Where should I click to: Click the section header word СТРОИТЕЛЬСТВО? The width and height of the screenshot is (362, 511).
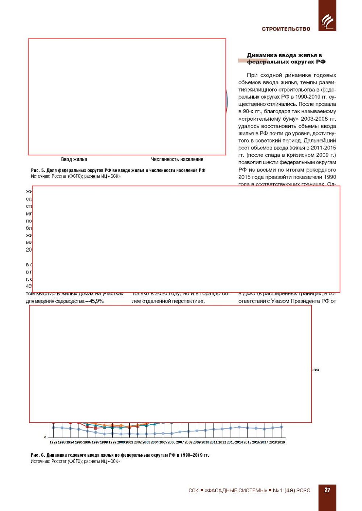tap(286, 29)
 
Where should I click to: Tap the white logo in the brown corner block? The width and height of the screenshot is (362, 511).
tap(327, 21)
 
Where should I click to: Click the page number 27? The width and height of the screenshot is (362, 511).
tap(327, 490)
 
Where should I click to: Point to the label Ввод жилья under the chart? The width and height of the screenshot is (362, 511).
tap(74, 159)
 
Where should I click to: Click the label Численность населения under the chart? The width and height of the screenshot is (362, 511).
tap(177, 159)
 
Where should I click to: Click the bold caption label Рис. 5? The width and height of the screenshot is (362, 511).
tap(38, 170)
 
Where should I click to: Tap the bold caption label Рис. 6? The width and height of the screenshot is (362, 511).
tap(38, 455)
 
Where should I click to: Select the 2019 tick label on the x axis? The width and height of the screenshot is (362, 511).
tap(281, 442)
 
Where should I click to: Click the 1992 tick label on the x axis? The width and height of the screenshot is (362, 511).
tap(53, 442)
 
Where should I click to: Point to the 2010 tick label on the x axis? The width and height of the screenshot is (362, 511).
tap(205, 442)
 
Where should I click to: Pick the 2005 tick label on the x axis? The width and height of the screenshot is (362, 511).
tap(163, 442)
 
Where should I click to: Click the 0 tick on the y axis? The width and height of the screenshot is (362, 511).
tap(45, 437)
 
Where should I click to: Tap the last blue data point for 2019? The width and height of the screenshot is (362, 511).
tap(281, 427)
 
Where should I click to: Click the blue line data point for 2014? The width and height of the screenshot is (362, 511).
tap(239, 427)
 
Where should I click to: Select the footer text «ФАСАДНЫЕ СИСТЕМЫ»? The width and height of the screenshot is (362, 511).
tap(236, 490)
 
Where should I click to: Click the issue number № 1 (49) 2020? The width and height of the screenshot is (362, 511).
tap(291, 490)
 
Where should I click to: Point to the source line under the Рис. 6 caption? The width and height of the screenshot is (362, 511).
tap(75, 462)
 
